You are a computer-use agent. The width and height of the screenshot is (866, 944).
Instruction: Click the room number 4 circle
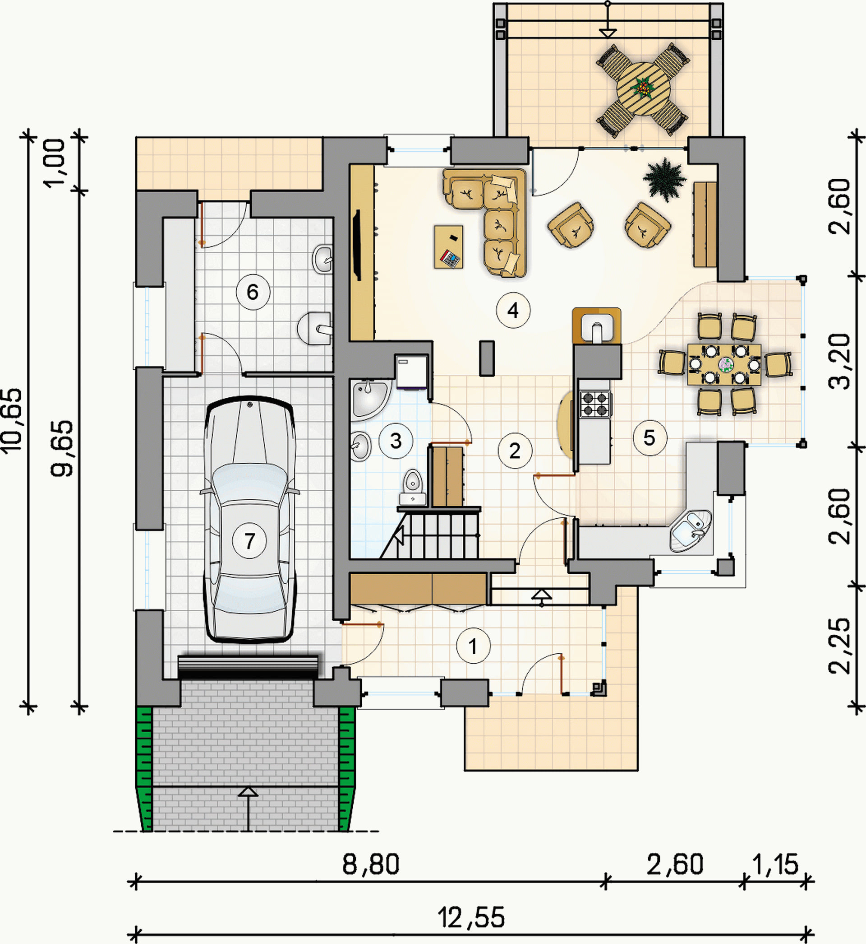[513, 310]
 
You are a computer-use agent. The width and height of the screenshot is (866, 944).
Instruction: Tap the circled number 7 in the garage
[249, 541]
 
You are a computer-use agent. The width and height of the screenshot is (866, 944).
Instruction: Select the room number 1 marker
[473, 646]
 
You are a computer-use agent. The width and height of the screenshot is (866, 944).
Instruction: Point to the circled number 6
[253, 292]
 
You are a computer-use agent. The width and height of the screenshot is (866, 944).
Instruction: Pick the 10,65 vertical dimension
[12, 420]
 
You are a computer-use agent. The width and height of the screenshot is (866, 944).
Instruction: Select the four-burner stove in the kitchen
[596, 404]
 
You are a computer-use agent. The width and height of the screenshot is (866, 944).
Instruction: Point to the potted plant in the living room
[664, 181]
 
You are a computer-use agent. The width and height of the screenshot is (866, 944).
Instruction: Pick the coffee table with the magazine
[448, 247]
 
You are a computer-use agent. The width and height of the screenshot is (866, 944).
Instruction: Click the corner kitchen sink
[690, 531]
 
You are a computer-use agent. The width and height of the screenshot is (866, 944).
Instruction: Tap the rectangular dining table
[724, 364]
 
